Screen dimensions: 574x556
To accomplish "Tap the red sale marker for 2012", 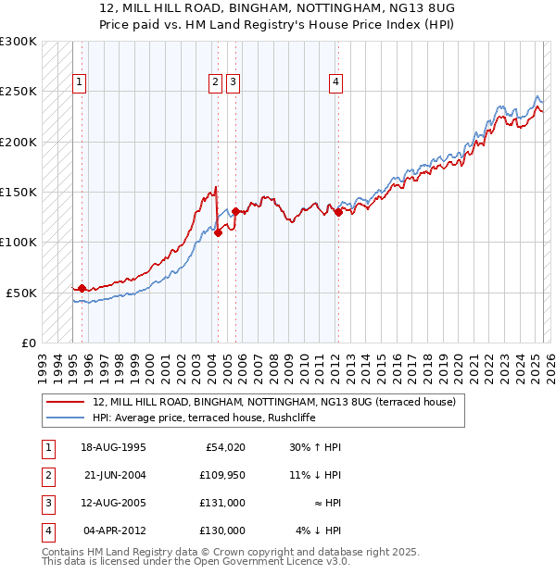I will point(338,212).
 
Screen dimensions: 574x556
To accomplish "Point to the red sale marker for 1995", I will point(82,289).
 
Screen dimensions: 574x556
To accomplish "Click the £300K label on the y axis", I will point(19,42).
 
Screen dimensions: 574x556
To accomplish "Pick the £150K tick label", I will point(19,193).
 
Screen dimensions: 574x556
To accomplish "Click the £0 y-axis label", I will point(27,343).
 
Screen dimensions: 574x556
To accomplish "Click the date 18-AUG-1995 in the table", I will point(115,447).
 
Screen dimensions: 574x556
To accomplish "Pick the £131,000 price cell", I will point(221,503).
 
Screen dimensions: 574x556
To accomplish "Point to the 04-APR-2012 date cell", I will point(115,530).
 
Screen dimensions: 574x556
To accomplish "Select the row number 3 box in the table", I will point(47,503).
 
